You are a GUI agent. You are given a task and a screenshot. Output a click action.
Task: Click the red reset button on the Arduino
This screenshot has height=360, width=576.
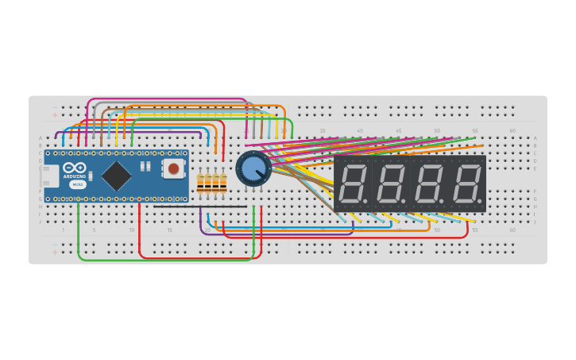[172, 168]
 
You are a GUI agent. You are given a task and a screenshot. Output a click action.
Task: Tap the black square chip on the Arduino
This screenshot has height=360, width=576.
[117, 175]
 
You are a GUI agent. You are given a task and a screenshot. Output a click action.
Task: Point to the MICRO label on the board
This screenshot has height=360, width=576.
[77, 184]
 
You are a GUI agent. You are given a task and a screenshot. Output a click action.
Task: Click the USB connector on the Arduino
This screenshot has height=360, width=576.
[49, 175]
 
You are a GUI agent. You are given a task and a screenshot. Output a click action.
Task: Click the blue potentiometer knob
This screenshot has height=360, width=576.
[252, 168]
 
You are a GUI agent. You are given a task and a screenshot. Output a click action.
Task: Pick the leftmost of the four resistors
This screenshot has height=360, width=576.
[200, 184]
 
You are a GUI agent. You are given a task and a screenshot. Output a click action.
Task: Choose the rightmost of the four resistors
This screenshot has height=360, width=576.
[222, 184]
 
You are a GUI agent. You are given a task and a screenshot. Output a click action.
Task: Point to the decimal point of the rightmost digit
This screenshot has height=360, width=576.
[481, 200]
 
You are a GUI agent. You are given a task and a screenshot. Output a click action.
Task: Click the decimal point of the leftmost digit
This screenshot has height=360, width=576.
[367, 200]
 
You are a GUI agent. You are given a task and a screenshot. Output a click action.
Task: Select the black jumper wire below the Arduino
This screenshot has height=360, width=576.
[199, 207]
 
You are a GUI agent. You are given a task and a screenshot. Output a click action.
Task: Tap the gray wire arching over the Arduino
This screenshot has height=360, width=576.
[171, 104]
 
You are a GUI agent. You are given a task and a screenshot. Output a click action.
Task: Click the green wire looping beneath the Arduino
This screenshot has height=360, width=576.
[159, 259]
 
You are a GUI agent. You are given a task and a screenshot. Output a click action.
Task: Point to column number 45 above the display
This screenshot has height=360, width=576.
[398, 130]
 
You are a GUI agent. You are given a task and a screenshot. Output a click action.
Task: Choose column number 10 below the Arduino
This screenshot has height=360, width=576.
[132, 230]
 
